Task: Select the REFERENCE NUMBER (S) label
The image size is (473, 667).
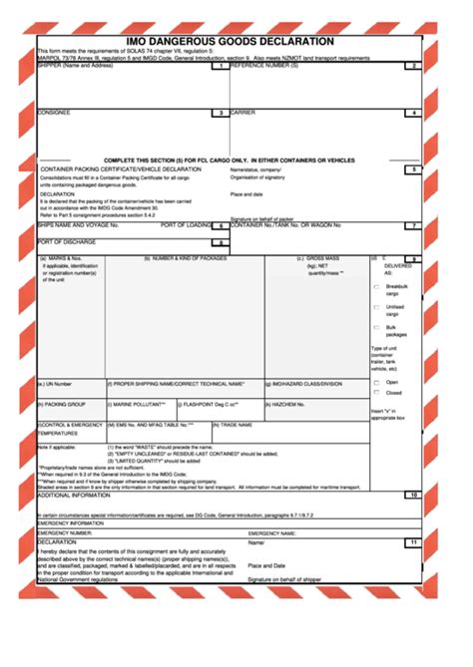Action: (264, 67)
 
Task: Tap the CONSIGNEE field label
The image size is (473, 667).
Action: (55, 113)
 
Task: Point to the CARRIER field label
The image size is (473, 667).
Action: (243, 113)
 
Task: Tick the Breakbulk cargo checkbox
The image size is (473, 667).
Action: (376, 286)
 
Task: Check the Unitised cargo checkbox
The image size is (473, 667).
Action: (376, 307)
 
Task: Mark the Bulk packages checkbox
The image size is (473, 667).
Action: (376, 328)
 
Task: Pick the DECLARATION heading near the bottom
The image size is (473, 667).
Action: (57, 541)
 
